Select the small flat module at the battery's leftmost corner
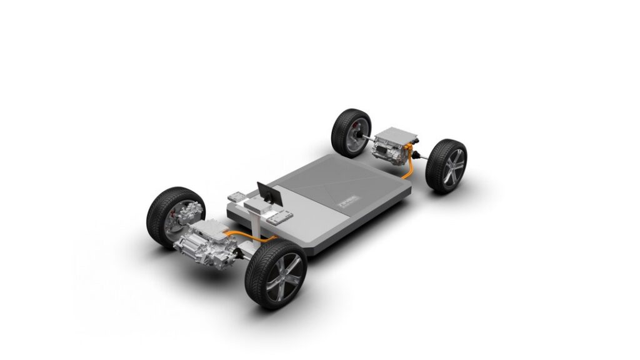tap(236, 197)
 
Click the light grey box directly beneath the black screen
tap(257, 205)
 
